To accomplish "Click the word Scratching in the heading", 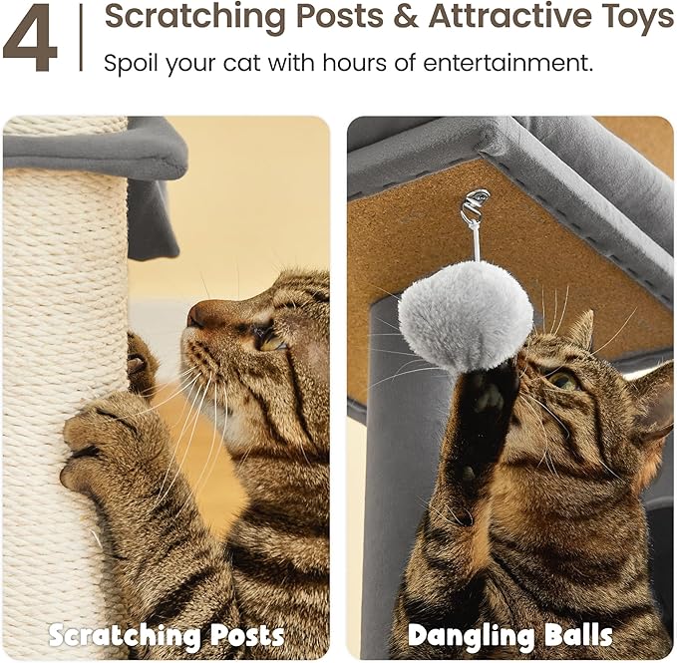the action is (194, 17).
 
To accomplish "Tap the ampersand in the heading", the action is (406, 16).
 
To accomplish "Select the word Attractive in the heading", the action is (509, 16).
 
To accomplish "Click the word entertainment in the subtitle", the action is (508, 63).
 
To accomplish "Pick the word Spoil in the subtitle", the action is (132, 64).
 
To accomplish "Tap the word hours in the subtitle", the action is (354, 63).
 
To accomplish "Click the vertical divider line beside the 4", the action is (81, 38).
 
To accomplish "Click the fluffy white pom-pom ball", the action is (466, 316).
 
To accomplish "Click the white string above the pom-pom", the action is (476, 240).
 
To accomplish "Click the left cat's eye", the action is (270, 342).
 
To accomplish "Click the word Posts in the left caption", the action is (247, 636).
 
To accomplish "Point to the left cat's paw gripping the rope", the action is (100, 436).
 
